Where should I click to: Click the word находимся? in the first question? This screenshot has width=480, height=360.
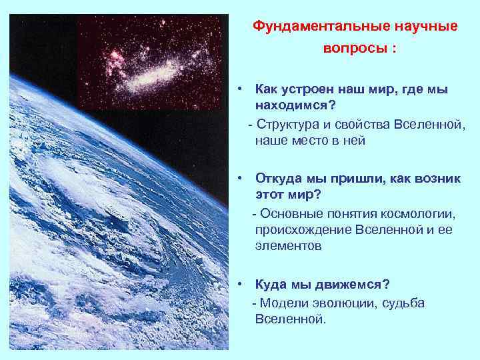click(294, 107)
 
